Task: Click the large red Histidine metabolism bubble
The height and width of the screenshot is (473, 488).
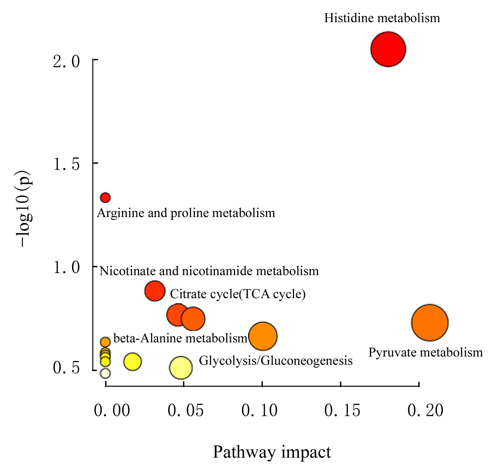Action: point(388,49)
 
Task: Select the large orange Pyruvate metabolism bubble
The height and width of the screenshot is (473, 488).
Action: point(430,323)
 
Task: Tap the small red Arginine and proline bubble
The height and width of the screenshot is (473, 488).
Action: point(105,197)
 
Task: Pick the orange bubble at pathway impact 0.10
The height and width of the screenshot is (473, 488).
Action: point(263,336)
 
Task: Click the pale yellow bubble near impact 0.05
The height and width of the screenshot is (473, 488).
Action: point(181,367)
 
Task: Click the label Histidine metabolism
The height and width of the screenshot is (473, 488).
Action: point(382,18)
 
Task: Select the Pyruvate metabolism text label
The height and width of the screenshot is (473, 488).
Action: point(425,352)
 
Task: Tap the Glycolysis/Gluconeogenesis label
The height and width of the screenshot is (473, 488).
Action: point(276,360)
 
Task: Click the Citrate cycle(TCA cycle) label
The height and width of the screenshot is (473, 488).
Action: point(238,294)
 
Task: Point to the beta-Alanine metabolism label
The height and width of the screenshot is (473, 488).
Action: point(180,338)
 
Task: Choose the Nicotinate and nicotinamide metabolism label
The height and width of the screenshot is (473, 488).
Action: point(209,271)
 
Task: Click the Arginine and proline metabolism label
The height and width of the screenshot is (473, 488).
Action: point(186,213)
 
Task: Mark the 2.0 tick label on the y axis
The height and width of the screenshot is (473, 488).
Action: point(66,62)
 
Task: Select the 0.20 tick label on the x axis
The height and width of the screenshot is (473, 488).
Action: point(425,410)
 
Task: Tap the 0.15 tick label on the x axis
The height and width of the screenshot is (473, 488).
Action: point(342,410)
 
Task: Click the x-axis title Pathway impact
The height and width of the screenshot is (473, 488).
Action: point(272,452)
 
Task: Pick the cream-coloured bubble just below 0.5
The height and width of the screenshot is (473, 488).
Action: point(105,373)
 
